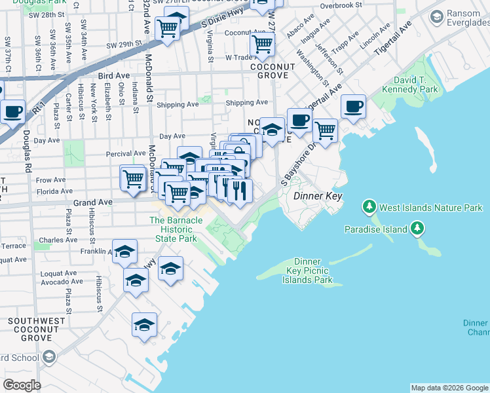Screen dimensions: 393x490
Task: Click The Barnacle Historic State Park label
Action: pyautogui.click(x=176, y=230)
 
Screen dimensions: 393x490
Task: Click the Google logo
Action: pyautogui.click(x=22, y=384)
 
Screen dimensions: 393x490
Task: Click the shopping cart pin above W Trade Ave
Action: pyautogui.click(x=262, y=45)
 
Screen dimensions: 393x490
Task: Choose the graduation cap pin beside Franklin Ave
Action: pyautogui.click(x=124, y=251)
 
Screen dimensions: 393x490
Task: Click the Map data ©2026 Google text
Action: pyautogui.click(x=449, y=388)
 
